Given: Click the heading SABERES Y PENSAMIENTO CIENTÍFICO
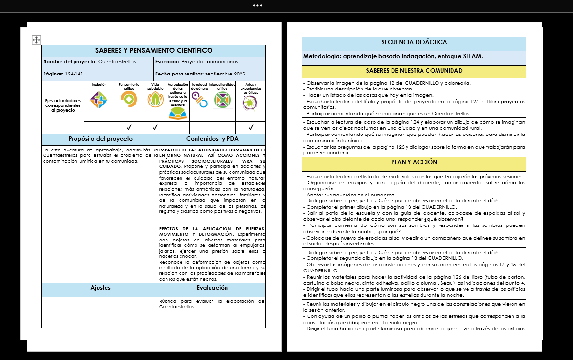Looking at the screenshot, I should click(x=153, y=50).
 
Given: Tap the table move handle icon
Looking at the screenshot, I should click(x=36, y=40).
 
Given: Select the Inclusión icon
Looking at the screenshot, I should click(x=99, y=100).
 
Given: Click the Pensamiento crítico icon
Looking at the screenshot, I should click(x=129, y=99).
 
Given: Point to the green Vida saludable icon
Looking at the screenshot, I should click(x=155, y=100).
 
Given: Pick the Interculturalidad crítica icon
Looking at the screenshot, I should click(x=222, y=100).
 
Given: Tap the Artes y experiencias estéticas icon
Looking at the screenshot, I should click(x=251, y=102).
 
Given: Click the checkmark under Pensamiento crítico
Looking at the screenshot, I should click(x=129, y=128).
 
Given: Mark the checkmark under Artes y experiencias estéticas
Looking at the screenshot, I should click(x=251, y=128).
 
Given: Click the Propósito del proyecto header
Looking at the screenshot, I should click(x=100, y=139).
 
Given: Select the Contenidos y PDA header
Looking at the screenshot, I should click(x=212, y=139).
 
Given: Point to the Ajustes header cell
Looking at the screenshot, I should click(x=100, y=288).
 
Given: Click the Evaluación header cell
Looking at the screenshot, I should click(x=212, y=288).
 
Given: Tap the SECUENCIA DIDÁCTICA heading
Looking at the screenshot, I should click(x=414, y=43).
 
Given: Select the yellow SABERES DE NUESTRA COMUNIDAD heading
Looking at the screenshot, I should click(x=414, y=71).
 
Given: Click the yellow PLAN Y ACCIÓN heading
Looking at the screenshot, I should click(x=414, y=163).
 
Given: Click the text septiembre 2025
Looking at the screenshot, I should click(x=225, y=74).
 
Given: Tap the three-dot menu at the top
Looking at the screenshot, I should click(x=257, y=6).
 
